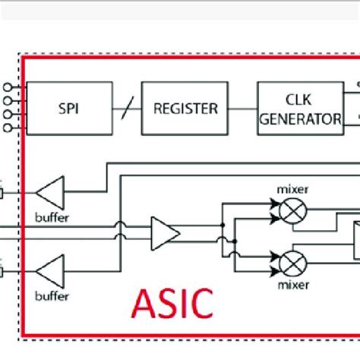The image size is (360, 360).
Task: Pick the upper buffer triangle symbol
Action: click(52, 192)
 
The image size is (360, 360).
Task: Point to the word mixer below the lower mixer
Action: click(292, 286)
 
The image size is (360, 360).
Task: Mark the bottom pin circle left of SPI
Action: click(8, 128)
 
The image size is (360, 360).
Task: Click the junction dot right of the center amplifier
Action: click(222, 226)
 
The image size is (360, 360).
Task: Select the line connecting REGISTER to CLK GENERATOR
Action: click(242, 109)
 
